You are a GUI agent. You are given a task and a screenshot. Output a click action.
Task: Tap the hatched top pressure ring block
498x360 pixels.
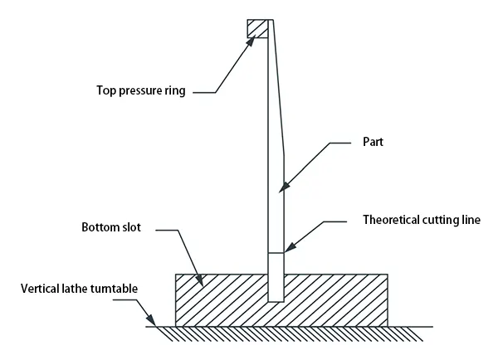point(257,28)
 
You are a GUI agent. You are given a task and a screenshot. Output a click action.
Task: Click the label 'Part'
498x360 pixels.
point(372,142)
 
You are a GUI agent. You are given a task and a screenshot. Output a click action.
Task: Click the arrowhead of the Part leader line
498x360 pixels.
point(283,188)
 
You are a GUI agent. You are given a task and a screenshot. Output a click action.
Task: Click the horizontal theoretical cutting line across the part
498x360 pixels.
point(276,252)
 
